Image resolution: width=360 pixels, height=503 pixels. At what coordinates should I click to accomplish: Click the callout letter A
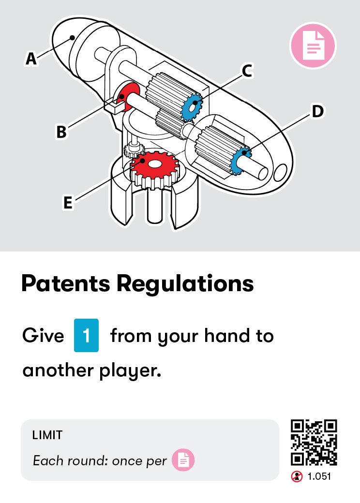[x=31, y=59]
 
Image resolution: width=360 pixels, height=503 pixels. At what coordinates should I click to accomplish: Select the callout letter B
[x=61, y=132]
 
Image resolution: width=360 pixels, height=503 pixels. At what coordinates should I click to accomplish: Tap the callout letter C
[x=247, y=71]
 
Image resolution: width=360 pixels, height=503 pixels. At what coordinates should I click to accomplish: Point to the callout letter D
[x=317, y=111]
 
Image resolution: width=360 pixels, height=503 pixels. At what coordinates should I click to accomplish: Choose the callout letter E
[x=68, y=203]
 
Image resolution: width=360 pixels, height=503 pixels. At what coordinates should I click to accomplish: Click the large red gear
[x=155, y=166]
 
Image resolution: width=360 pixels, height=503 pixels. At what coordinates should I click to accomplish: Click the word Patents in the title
[x=65, y=284]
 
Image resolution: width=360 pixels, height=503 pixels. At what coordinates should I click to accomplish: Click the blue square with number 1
[x=87, y=335]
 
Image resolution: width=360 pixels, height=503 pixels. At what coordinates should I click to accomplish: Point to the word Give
[x=43, y=336]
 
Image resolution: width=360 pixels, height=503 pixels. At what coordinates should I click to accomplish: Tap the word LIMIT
[x=47, y=435]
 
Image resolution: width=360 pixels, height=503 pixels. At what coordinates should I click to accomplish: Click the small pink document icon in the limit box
[x=183, y=460]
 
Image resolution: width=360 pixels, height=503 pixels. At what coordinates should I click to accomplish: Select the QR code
[x=314, y=443]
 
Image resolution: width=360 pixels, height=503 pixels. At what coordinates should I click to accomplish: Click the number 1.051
[x=319, y=476]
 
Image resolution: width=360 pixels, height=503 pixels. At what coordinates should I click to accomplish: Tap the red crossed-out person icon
[x=297, y=476]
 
